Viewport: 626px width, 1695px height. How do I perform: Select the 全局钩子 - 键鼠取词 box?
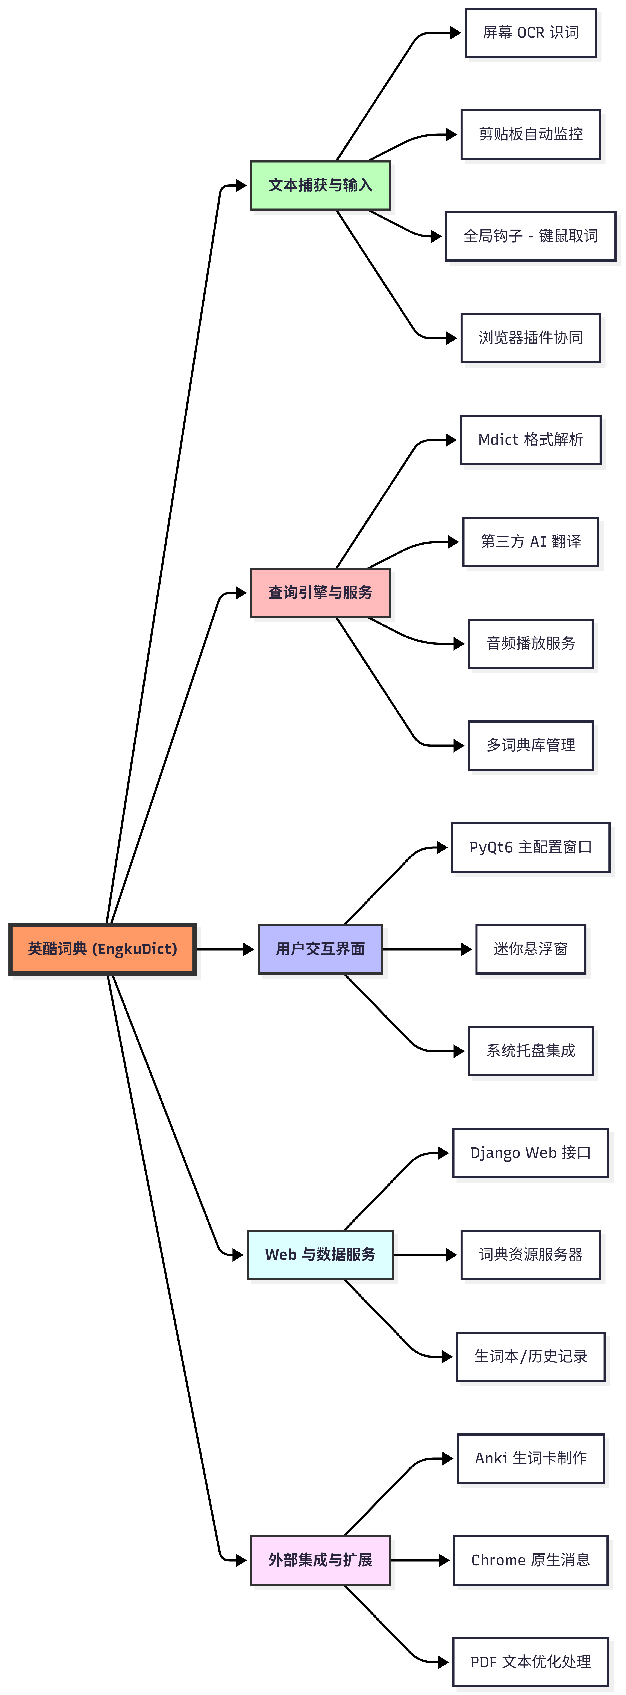click(531, 236)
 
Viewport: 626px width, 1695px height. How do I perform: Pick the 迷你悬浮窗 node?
click(531, 949)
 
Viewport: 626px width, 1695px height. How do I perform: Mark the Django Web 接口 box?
click(531, 1153)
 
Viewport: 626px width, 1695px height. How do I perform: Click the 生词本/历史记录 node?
click(531, 1356)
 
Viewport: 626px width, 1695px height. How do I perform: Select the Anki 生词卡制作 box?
click(531, 1458)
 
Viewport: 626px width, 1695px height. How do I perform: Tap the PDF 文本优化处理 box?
click(531, 1662)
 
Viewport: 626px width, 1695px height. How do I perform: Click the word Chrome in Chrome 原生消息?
click(498, 1560)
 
